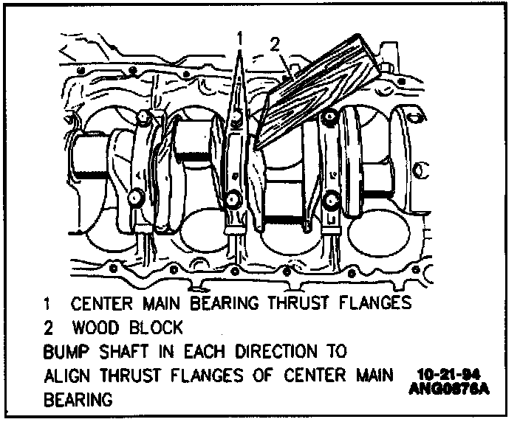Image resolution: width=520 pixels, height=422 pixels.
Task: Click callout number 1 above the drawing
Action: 239,35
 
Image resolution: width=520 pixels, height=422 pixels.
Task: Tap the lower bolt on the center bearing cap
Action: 233,197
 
